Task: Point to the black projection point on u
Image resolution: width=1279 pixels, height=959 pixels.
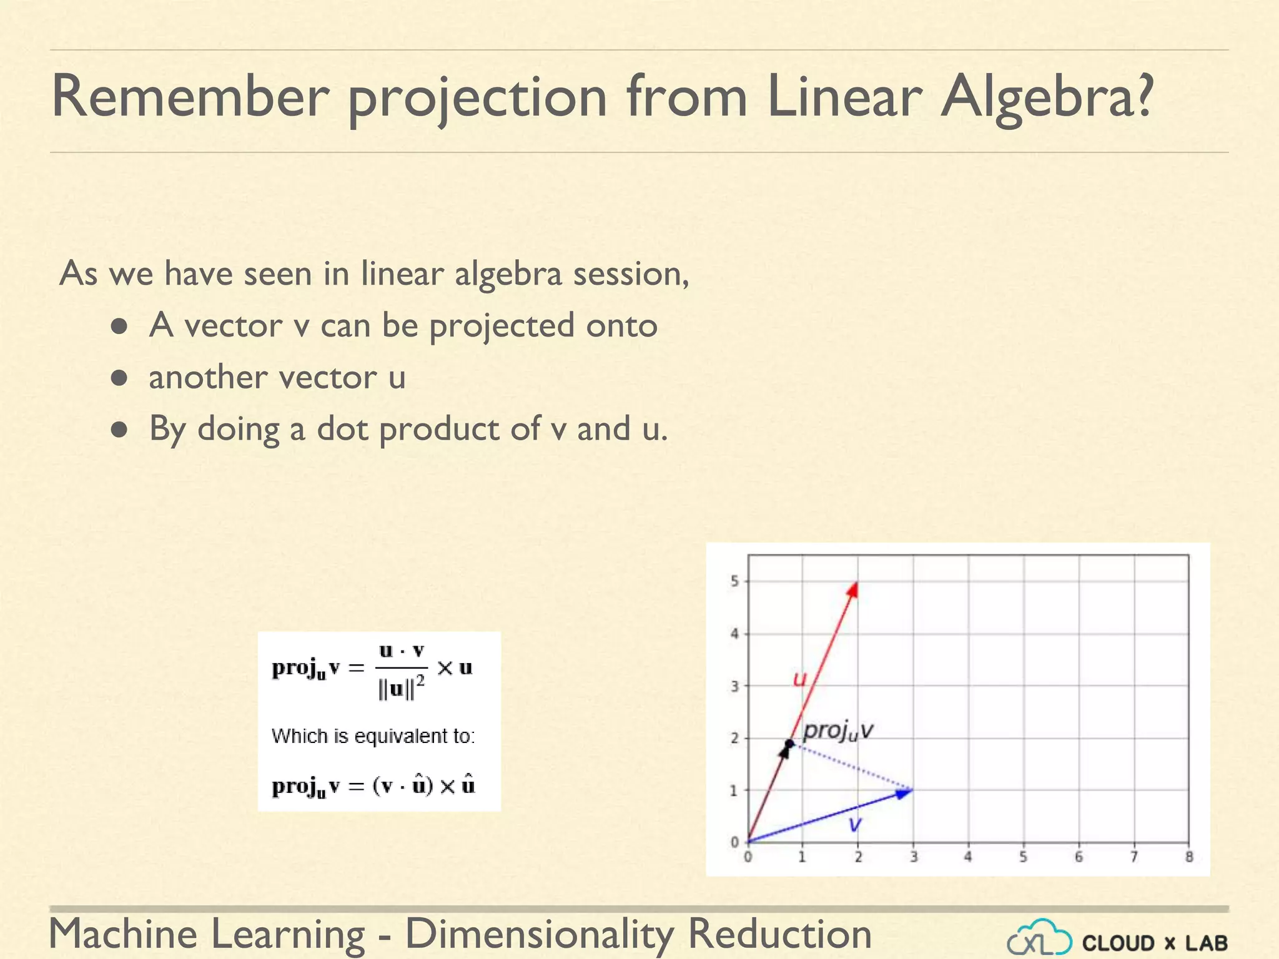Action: point(789,744)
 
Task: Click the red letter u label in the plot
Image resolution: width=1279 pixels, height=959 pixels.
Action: point(799,679)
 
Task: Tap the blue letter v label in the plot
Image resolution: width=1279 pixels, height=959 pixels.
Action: point(855,824)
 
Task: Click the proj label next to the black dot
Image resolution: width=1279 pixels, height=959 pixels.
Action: point(837,730)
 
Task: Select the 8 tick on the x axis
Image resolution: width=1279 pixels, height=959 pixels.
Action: point(1189,857)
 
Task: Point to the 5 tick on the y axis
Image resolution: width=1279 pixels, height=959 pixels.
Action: point(735,581)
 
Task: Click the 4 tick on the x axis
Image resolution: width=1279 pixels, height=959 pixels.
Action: point(968,857)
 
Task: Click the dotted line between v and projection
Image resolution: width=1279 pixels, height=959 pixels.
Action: point(852,767)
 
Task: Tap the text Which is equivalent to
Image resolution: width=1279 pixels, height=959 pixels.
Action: point(373,736)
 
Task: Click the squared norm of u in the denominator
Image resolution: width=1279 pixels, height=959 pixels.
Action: point(402,689)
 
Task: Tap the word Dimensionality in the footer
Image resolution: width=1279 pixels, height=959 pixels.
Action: point(540,934)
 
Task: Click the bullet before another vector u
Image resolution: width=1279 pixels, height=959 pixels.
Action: point(119,378)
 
